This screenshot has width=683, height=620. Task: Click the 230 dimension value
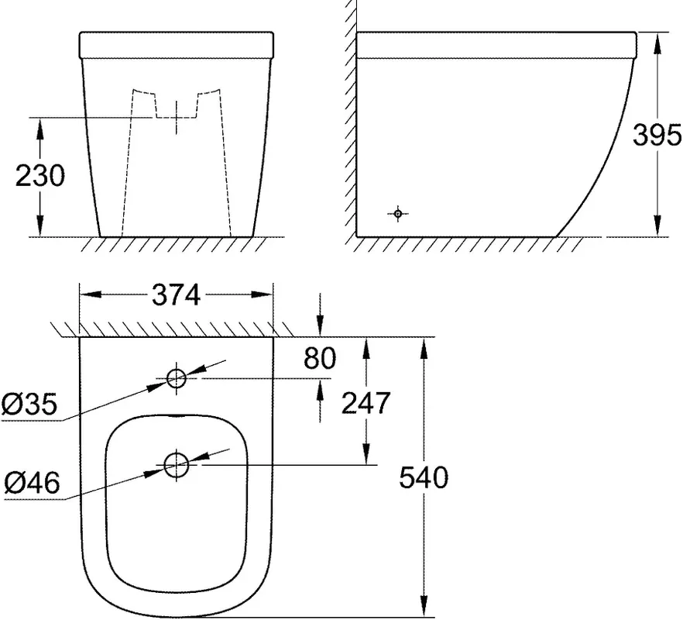click(39, 176)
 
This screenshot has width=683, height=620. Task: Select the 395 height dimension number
click(657, 135)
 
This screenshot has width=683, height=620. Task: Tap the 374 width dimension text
click(176, 295)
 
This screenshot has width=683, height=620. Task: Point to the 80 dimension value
click(320, 358)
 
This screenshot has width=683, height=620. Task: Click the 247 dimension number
click(366, 403)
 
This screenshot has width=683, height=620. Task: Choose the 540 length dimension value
click(424, 477)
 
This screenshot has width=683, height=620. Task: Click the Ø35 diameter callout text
click(29, 404)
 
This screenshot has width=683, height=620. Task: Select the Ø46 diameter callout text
click(32, 483)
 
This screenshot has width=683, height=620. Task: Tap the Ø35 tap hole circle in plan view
click(177, 378)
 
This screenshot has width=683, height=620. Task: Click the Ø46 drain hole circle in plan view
click(177, 465)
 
